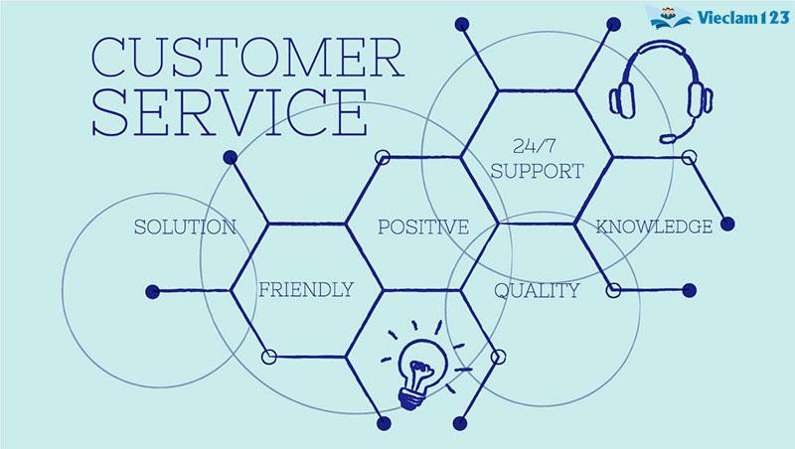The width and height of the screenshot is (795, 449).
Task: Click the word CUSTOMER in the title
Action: pos(247,57)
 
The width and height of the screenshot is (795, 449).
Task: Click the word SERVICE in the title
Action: pos(230,112)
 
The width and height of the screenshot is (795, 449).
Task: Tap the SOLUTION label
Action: pos(185,227)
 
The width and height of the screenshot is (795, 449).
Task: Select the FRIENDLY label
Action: pos(306,289)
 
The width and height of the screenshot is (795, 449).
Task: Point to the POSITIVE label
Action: pos(423,226)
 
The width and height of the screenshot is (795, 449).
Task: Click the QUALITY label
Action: pos(537,290)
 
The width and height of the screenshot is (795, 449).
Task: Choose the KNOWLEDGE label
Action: pos(654,226)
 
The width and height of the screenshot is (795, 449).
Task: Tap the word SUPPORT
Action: pos(538,171)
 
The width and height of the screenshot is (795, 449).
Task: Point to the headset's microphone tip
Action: pos(667,138)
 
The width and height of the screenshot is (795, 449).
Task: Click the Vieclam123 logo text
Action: pos(743,18)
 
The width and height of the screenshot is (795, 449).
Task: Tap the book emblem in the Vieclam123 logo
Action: pos(670,18)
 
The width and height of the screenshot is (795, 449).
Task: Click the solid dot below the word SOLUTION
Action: pos(153,291)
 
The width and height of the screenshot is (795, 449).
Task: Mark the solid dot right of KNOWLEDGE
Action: pos(727,224)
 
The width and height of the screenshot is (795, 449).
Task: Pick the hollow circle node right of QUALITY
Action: pos(613,290)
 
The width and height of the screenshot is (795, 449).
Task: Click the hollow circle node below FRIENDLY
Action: pos(269,357)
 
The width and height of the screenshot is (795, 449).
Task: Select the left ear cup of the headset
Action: pos(622,100)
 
